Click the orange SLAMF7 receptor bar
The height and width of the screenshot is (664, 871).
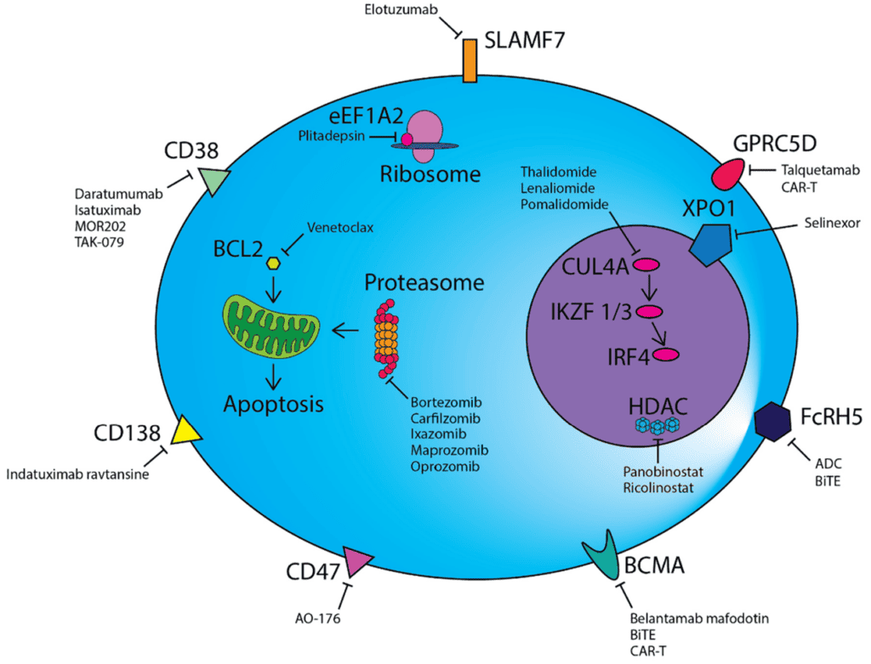(469, 61)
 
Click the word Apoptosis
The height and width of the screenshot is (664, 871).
(273, 403)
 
